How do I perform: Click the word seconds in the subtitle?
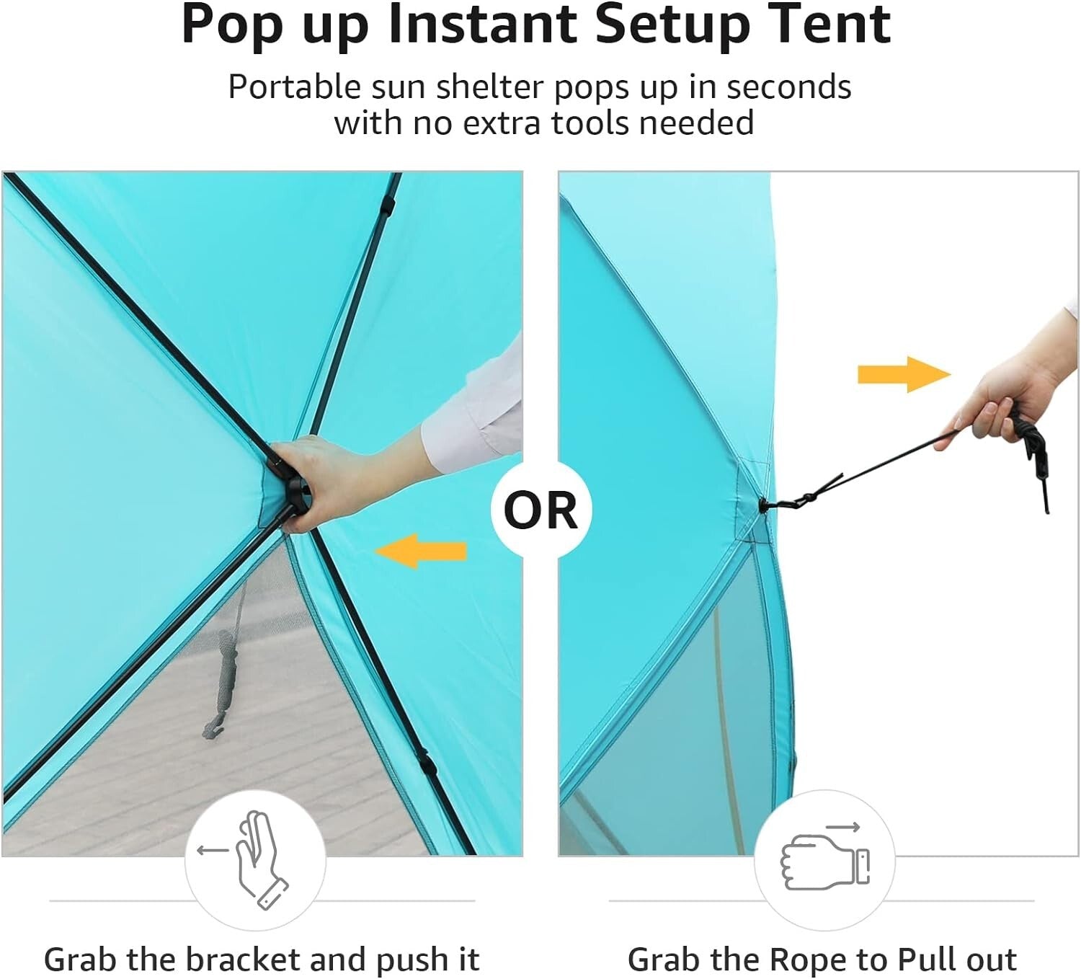point(788,87)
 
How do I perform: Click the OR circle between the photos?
point(540,510)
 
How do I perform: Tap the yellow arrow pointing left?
point(421,551)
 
